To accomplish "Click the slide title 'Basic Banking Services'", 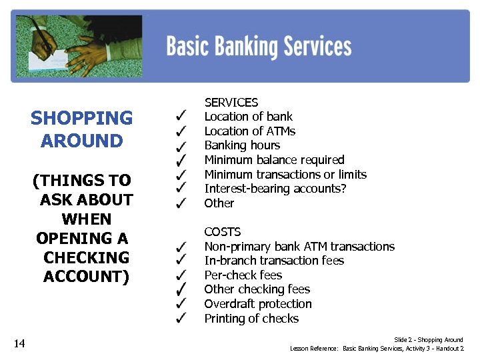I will [x=259, y=47].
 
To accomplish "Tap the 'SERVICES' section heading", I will [x=231, y=102].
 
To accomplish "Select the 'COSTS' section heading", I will [x=222, y=231].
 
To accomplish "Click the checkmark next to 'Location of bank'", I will [x=181, y=117].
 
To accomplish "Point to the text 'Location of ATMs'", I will [x=249, y=131].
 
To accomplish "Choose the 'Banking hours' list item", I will [x=242, y=145].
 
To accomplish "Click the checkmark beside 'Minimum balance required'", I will [x=181, y=160].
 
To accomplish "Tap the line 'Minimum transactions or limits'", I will [x=285, y=175].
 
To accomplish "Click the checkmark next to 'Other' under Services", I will [x=181, y=203].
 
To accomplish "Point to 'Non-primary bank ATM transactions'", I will [x=299, y=246].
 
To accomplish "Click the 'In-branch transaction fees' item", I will [x=274, y=261].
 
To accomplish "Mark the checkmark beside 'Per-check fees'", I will [x=181, y=275].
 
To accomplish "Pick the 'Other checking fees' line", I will [x=257, y=289].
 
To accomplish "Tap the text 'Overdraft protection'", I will [x=257, y=304].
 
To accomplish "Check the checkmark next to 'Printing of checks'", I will [x=181, y=319].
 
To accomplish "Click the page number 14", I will [x=19, y=343].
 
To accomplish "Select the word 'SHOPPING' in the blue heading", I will [x=81, y=119].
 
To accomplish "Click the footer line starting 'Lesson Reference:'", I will [x=377, y=349].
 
